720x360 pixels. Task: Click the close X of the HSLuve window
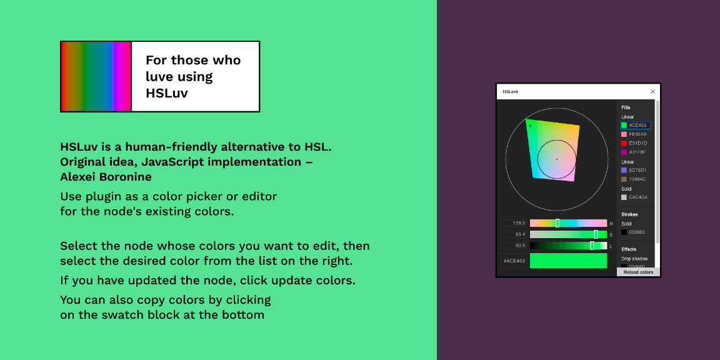pyautogui.click(x=652, y=91)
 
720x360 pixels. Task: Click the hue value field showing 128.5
pyautogui.click(x=514, y=223)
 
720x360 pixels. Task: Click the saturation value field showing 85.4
pyautogui.click(x=514, y=234)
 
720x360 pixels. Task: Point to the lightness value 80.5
pyautogui.click(x=514, y=246)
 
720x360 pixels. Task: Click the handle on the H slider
pyautogui.click(x=557, y=223)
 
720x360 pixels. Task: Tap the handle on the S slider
pyautogui.click(x=596, y=234)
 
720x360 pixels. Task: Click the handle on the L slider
pyautogui.click(x=592, y=246)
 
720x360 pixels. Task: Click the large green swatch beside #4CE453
pyautogui.click(x=568, y=261)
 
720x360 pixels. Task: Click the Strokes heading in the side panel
pyautogui.click(x=629, y=214)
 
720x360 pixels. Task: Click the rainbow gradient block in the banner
pyautogui.click(x=96, y=77)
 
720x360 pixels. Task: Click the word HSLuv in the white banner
pyautogui.click(x=167, y=93)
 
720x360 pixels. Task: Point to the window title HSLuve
pyautogui.click(x=511, y=92)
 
